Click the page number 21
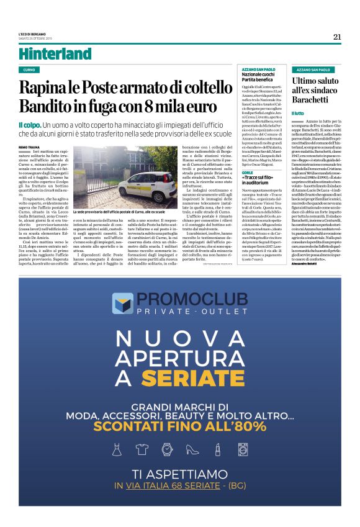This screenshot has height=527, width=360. [x=337, y=37]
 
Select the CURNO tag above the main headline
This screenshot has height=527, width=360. [x=29, y=70]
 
